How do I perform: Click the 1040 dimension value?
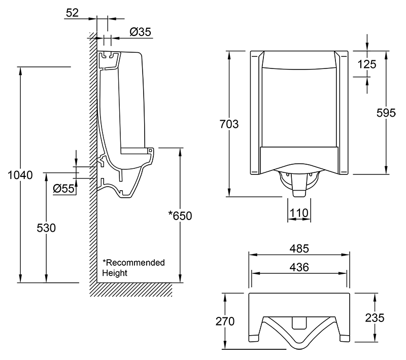21,175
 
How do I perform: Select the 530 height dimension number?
46,228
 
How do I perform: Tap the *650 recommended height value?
180,215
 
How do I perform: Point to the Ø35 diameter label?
140,32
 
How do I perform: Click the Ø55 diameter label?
64,189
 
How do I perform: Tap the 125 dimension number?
366,64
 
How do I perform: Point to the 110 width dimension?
299,213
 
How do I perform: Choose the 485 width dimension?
299,249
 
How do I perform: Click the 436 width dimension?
299,267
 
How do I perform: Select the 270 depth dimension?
225,321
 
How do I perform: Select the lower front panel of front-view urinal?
299,159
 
